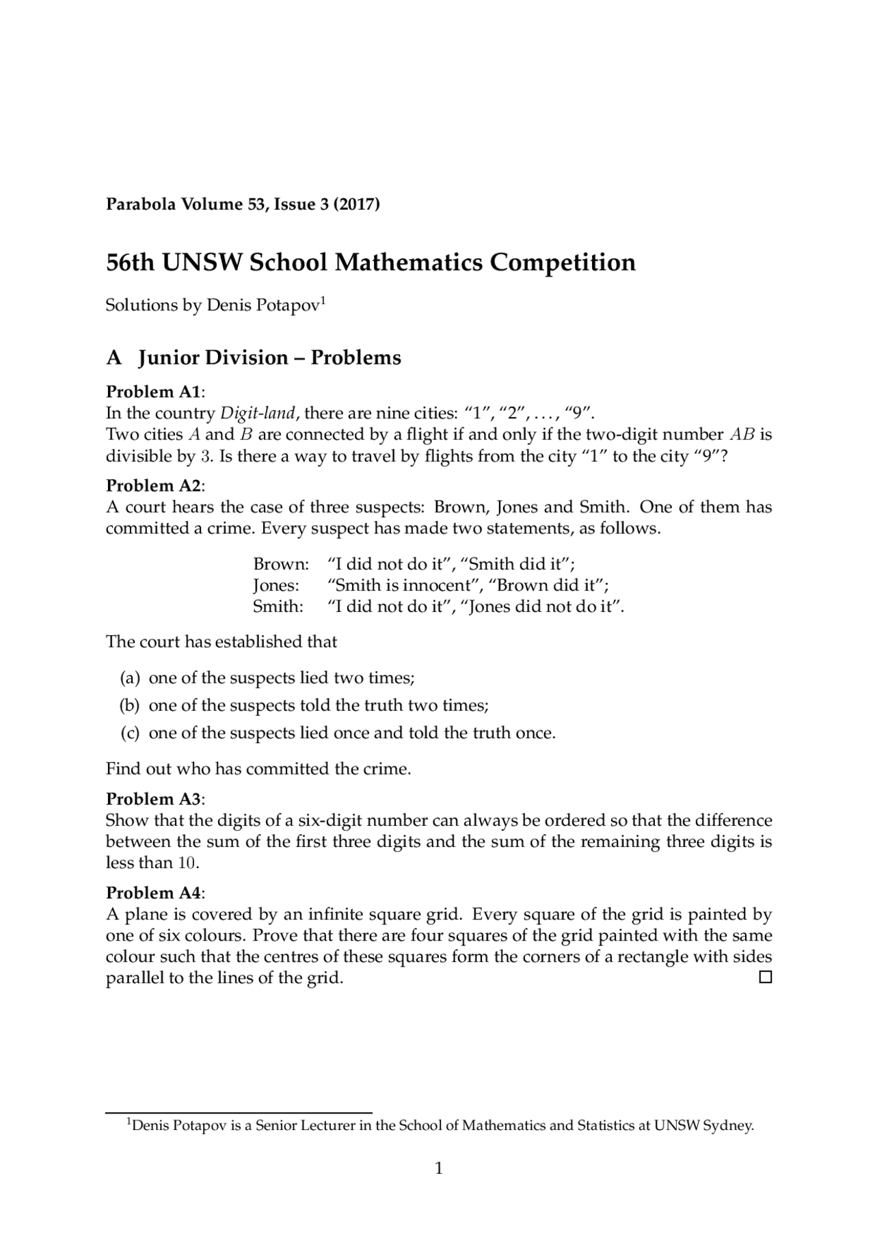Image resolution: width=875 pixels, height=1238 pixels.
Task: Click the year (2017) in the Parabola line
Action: [355, 204]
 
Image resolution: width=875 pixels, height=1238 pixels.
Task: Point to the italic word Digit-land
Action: [258, 413]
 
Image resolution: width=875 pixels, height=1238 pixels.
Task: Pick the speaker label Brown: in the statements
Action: [281, 564]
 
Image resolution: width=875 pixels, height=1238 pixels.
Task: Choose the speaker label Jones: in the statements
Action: [276, 585]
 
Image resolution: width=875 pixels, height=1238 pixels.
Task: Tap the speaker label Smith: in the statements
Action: [278, 606]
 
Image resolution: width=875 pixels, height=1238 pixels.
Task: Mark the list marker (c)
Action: [130, 733]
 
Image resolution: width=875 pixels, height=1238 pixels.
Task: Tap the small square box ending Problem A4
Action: [766, 978]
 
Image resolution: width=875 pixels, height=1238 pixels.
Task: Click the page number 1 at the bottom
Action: [439, 1168]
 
